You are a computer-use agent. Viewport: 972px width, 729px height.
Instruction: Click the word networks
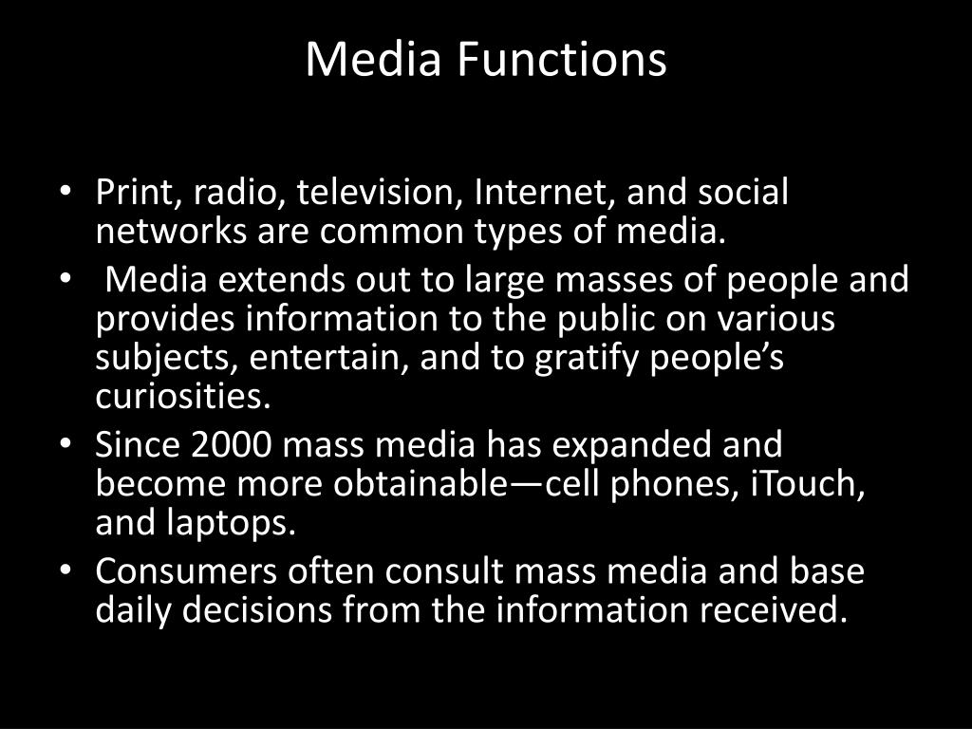click(156, 230)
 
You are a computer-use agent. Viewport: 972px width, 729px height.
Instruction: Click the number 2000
click(234, 445)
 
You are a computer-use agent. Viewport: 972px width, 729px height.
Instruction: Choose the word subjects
click(158, 360)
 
